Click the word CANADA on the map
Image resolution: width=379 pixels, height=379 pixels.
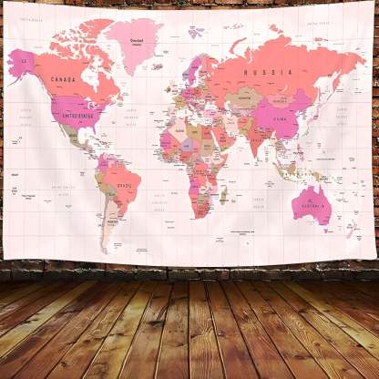pyautogui.click(x=63, y=79)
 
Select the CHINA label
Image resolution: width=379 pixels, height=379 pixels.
pyautogui.click(x=282, y=118)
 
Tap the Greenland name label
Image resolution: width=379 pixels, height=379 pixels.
pyautogui.click(x=138, y=40)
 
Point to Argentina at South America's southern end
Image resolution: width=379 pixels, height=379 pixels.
pyautogui.click(x=111, y=223)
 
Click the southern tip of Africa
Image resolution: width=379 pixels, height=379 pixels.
pyautogui.click(x=200, y=216)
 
